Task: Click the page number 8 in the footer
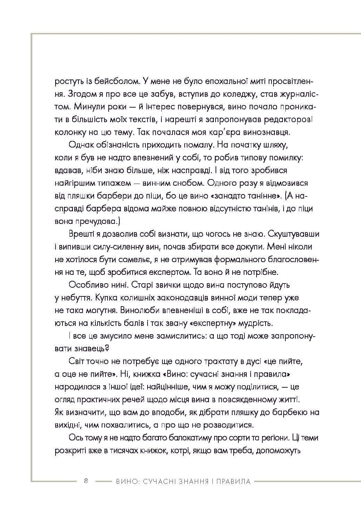86,481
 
